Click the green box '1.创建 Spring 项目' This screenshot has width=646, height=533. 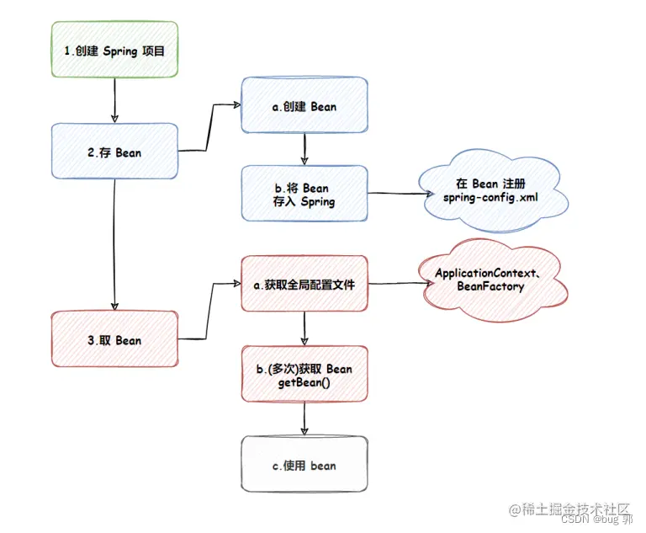tap(114, 51)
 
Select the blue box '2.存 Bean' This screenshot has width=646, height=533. tap(114, 152)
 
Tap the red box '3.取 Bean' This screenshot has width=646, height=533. tap(114, 340)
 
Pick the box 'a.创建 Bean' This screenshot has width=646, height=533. tap(304, 106)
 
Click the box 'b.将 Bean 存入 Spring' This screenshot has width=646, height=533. tap(304, 195)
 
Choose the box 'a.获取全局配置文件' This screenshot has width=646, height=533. tap(304, 285)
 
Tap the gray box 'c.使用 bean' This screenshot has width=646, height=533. tap(304, 465)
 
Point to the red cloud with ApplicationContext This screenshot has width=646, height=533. tap(490, 280)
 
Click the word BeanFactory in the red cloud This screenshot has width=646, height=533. tap(490, 287)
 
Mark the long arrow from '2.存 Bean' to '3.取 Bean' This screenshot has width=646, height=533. tap(114, 245)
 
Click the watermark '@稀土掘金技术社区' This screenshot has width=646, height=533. tap(569, 509)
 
